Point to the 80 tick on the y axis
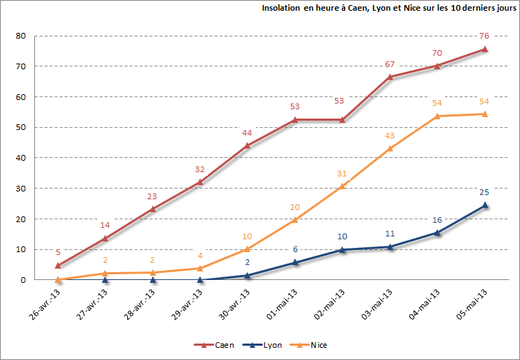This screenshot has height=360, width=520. pos(21,36)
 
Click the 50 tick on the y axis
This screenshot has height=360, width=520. pos(21,128)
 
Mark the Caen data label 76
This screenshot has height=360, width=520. pos(484,36)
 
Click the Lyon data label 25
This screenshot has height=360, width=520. pos(484,192)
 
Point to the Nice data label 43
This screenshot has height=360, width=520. pos(390,136)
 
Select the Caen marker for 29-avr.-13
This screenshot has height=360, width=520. pos(200,182)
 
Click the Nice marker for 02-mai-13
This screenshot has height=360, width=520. pos(342,186)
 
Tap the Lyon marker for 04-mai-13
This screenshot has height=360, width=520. pos(437,232)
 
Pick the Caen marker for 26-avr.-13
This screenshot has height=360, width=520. pos(58,265)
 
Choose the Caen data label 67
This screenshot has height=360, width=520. pos(390,64)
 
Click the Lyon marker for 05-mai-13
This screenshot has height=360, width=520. pos(484,205)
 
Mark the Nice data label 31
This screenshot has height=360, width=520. pos(342,174)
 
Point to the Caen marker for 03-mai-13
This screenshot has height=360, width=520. pos(390,76)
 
